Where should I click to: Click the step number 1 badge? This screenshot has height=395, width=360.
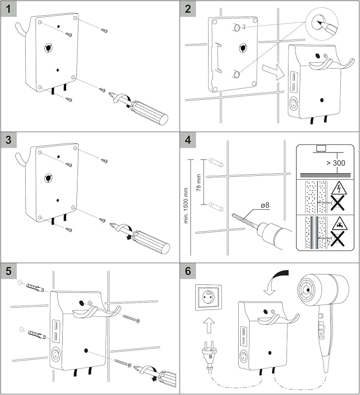coord(8,9)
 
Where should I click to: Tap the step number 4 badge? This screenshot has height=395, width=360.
coord(188,140)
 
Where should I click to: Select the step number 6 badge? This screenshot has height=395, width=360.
coord(188,271)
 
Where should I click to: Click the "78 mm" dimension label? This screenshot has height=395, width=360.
coord(199,183)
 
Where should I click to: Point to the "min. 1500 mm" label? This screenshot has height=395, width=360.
coord(186,205)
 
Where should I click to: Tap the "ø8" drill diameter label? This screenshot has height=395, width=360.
coord(265,205)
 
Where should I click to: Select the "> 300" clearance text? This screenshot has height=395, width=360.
coord(336,163)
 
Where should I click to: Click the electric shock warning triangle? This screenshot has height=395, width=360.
coord(339,189)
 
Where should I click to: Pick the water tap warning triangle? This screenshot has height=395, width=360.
coord(339,224)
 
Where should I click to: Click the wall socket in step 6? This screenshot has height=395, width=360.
coord(209,297)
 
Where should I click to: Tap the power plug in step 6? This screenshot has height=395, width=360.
coord(208,353)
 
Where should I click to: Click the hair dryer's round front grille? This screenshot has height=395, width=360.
coord(307,289)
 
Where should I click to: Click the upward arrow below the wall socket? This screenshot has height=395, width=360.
coord(209,325)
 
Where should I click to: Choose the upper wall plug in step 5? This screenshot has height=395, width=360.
coord(35,287)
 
